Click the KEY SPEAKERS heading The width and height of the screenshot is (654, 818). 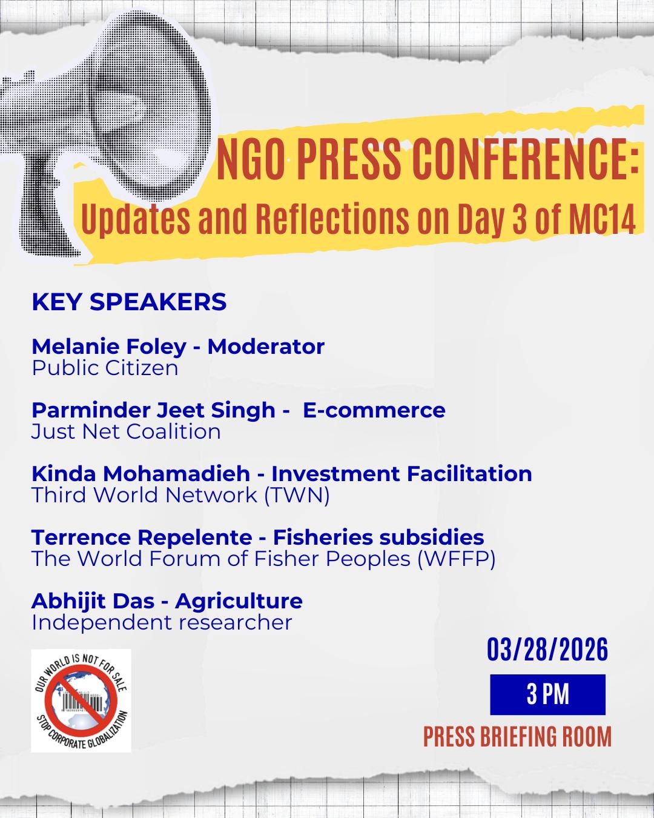pos(129,302)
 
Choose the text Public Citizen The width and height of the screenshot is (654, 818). pos(105,368)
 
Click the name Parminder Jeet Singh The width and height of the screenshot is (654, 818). pos(153,410)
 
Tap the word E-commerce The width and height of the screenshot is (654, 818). pos(374,410)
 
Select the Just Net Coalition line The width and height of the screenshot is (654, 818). pos(126,431)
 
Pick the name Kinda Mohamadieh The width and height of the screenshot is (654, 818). pos(147,473)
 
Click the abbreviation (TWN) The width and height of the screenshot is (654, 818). pos(297,495)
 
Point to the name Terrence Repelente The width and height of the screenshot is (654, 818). pos(142,537)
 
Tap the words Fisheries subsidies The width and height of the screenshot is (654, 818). pos(378,537)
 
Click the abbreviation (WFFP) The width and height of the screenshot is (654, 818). pos(456,559)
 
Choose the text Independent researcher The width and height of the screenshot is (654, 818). pos(162,622)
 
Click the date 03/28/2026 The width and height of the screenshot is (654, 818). pos(547,650)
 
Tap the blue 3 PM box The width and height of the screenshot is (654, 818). pos(547,694)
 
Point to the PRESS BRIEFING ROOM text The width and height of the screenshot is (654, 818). pos(517,737)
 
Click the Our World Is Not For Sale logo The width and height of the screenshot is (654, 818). pos(81,700)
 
